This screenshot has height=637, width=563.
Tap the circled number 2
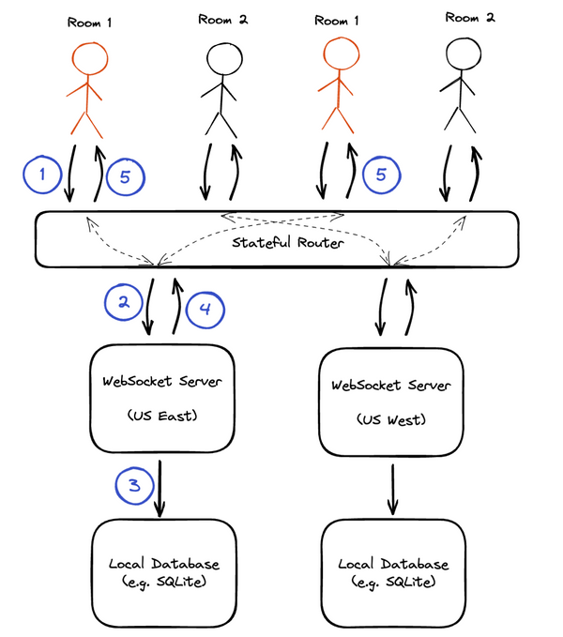coord(122,302)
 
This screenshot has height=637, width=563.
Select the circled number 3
coord(133,485)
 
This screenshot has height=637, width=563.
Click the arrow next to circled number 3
coord(160,487)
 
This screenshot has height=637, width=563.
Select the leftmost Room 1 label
coord(89,18)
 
